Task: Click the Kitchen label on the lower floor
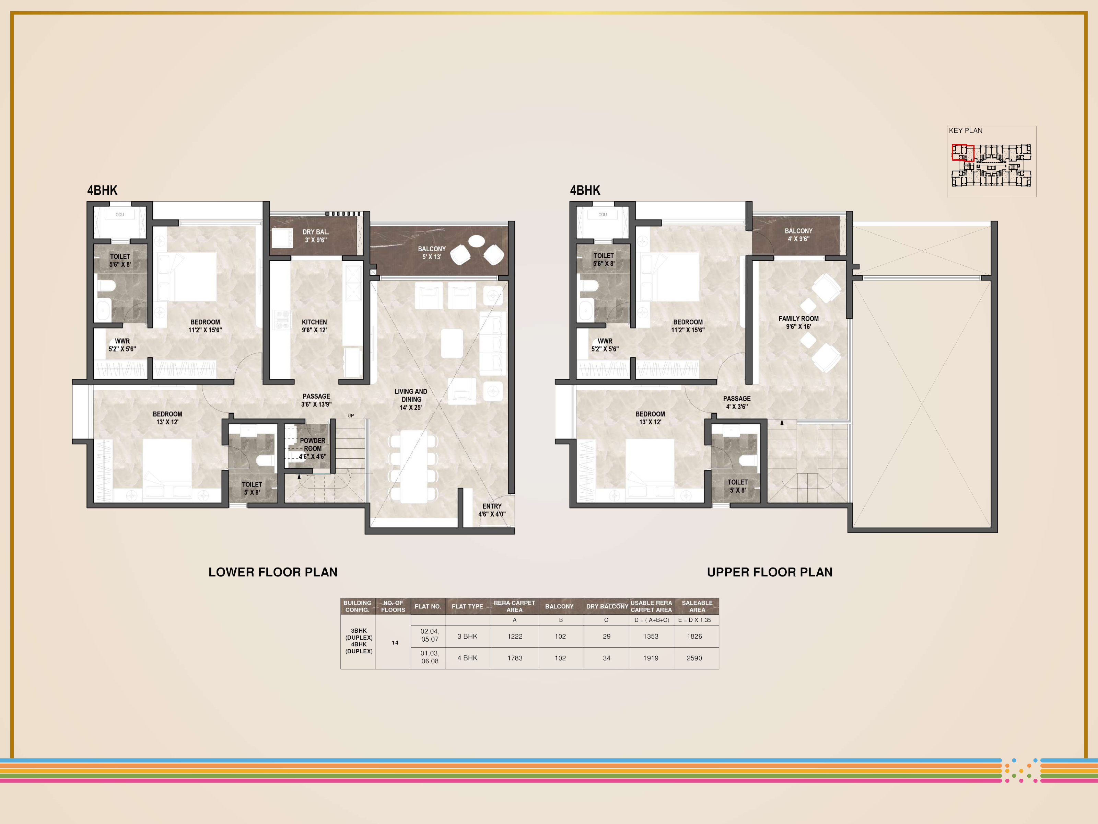[x=314, y=326]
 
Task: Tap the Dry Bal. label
[x=316, y=236]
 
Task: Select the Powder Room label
[x=313, y=448]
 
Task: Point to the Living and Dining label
[x=411, y=399]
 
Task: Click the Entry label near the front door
[x=492, y=510]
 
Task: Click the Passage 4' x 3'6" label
[x=737, y=402]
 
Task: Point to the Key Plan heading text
[x=966, y=130]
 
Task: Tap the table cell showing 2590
[x=694, y=658]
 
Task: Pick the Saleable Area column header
[x=697, y=606]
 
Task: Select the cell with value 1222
[x=515, y=636]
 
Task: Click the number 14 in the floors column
[x=395, y=643]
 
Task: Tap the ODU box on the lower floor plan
[x=120, y=215]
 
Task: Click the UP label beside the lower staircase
[x=351, y=416]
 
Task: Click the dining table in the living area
[x=413, y=466]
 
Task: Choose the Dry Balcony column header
[x=607, y=606]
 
